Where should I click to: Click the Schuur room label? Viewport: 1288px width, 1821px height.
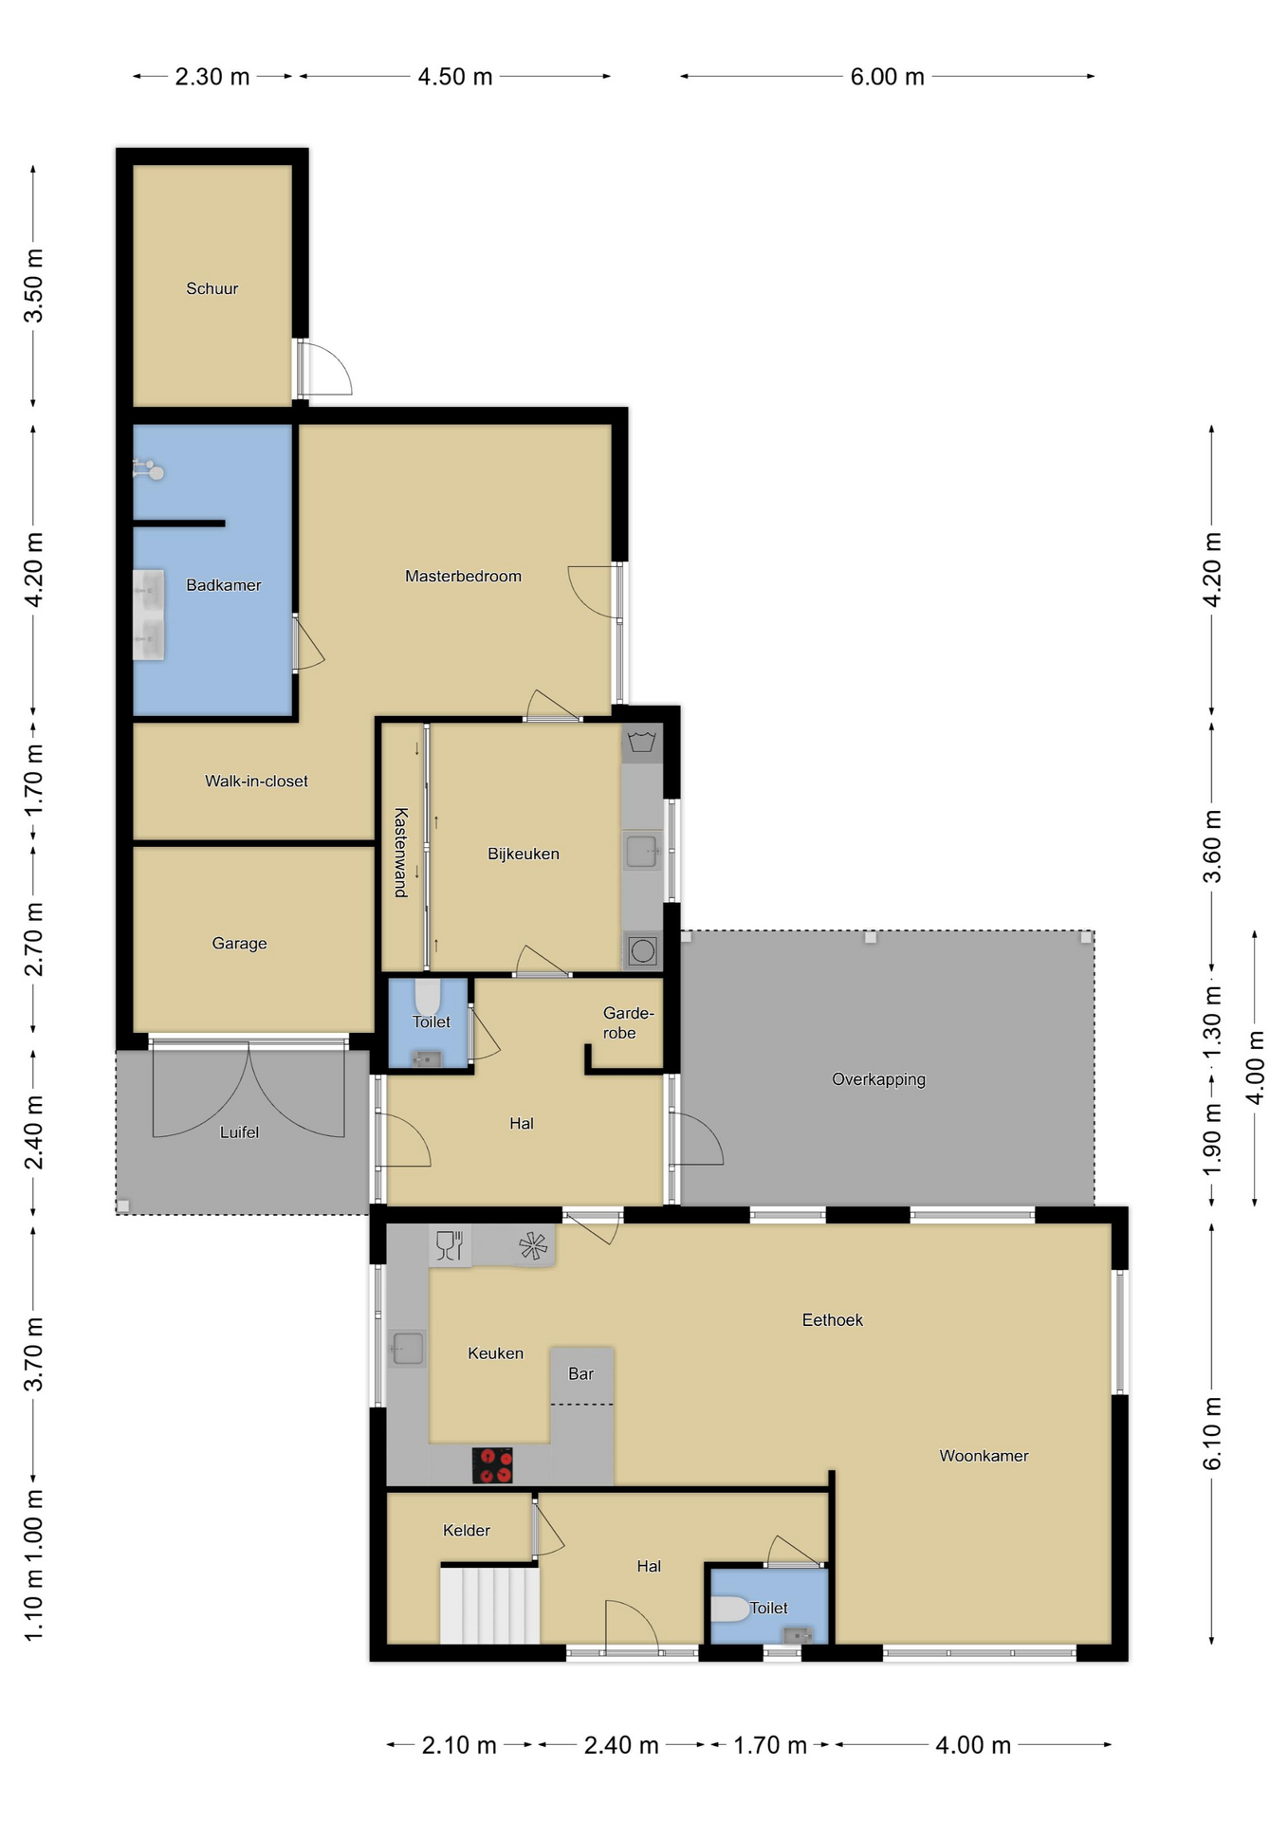pyautogui.click(x=212, y=288)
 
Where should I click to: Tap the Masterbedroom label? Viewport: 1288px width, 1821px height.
pyautogui.click(x=463, y=576)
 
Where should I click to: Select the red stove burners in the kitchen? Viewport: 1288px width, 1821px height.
pyautogui.click(x=492, y=1464)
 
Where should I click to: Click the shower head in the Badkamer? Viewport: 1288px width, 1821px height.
pyautogui.click(x=149, y=469)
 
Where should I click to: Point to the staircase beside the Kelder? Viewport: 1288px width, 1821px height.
pyautogui.click(x=489, y=1604)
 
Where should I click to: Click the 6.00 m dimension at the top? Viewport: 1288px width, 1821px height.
pyautogui.click(x=887, y=77)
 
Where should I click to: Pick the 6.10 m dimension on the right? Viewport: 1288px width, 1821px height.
pyautogui.click(x=1212, y=1433)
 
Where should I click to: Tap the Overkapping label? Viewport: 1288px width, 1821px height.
pyautogui.click(x=878, y=1079)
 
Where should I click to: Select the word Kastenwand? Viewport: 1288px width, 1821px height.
pyautogui.click(x=401, y=852)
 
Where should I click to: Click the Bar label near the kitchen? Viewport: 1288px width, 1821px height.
pyautogui.click(x=580, y=1373)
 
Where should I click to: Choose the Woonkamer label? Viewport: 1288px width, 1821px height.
pyautogui.click(x=984, y=1456)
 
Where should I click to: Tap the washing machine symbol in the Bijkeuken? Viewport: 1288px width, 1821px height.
pyautogui.click(x=642, y=949)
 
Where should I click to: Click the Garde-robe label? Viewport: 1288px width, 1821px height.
pyautogui.click(x=628, y=1023)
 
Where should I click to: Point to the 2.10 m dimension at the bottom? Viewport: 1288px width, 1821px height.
pyautogui.click(x=459, y=1745)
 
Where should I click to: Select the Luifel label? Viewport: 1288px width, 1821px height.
pyautogui.click(x=239, y=1131)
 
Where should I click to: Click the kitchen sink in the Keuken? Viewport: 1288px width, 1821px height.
pyautogui.click(x=408, y=1348)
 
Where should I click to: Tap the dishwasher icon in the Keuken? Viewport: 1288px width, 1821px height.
pyautogui.click(x=449, y=1245)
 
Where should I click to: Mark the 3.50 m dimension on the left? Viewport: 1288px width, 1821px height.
pyautogui.click(x=33, y=285)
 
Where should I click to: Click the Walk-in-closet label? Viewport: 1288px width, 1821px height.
pyautogui.click(x=256, y=782)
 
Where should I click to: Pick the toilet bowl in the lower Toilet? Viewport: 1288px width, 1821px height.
pyautogui.click(x=729, y=1609)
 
